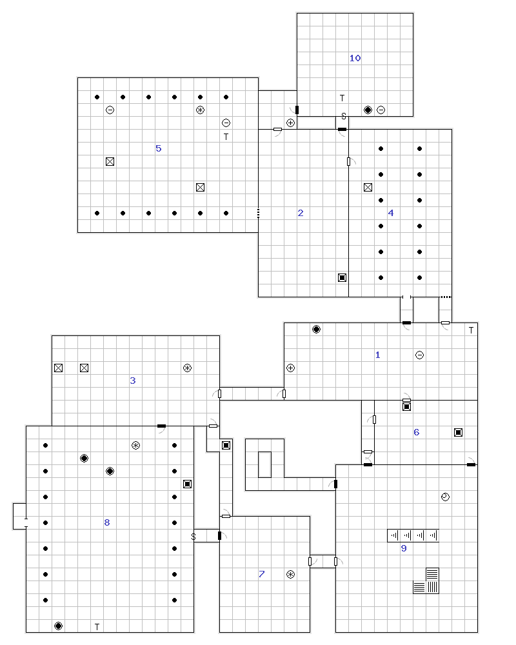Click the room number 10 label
pyautogui.click(x=355, y=58)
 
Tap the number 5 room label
pyautogui.click(x=159, y=148)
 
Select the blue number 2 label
pyautogui.click(x=301, y=213)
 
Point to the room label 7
pyautogui.click(x=262, y=574)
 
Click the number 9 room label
pyautogui.click(x=404, y=548)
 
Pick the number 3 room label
pyautogui.click(x=132, y=381)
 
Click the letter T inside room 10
pyautogui.click(x=342, y=98)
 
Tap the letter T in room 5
pyautogui.click(x=226, y=137)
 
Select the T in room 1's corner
pyautogui.click(x=471, y=330)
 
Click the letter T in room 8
pyautogui.click(x=97, y=627)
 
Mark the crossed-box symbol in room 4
pyautogui.click(x=368, y=188)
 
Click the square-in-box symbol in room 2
pyautogui.click(x=342, y=277)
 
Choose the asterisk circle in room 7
pyautogui.click(x=290, y=574)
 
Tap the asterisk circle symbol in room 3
pyautogui.click(x=187, y=368)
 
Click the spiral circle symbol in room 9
pyautogui.click(x=445, y=497)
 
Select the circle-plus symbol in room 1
pyautogui.click(x=290, y=368)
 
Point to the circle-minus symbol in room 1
pyautogui.click(x=419, y=355)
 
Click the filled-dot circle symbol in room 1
pyautogui.click(x=316, y=329)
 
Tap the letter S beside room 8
pyautogui.click(x=193, y=537)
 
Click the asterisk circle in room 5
pyautogui.click(x=200, y=110)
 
